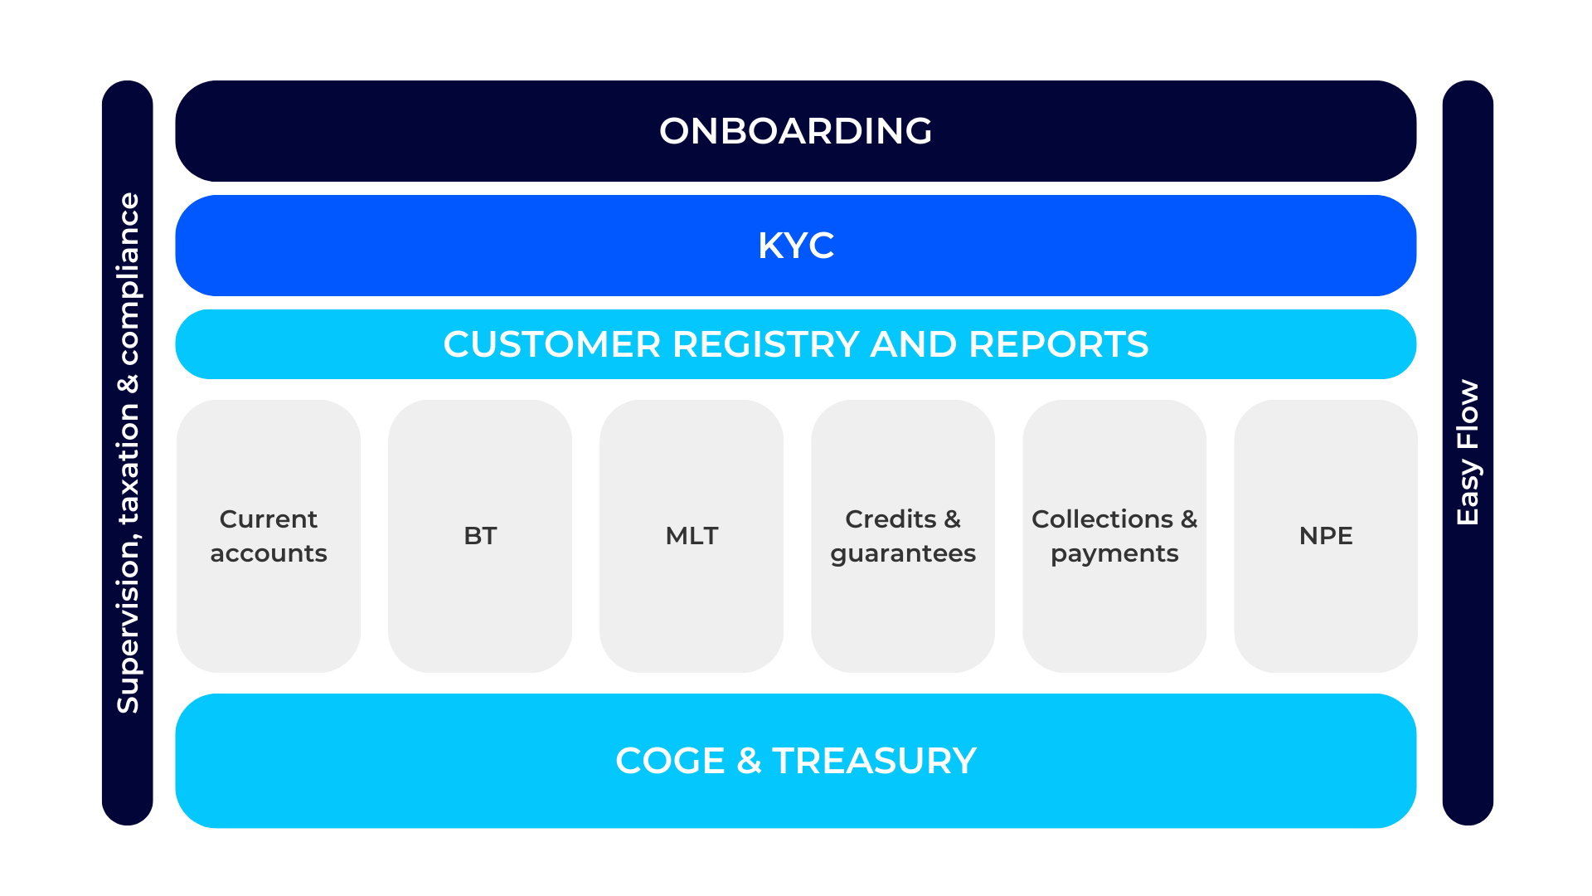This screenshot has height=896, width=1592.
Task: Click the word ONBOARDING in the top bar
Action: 795,131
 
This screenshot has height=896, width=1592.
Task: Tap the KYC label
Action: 795,246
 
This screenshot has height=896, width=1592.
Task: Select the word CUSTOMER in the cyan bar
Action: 551,344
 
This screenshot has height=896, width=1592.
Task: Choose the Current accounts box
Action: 269,536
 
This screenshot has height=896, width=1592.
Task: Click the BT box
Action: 480,536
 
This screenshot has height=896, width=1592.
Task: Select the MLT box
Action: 692,536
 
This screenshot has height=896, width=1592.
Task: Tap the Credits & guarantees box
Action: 903,536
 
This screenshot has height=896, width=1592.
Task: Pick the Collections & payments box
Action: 1114,536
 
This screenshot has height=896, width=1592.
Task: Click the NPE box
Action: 1326,536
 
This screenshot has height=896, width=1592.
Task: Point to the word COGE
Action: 670,761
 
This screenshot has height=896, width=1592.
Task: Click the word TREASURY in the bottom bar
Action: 874,761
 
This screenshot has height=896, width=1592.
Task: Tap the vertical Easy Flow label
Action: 1468,453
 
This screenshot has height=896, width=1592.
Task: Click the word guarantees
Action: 903,554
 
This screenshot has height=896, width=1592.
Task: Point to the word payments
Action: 1114,554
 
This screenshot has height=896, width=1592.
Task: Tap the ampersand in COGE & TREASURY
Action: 748,761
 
